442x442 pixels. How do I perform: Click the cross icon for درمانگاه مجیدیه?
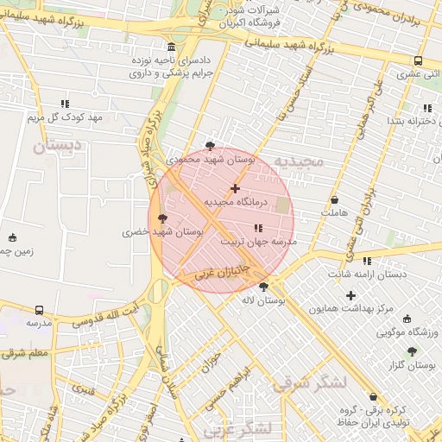(x=235, y=187)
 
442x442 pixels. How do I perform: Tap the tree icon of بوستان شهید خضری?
(x=163, y=218)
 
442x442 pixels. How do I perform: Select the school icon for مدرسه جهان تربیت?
(x=259, y=228)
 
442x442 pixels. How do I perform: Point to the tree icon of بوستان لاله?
(x=263, y=287)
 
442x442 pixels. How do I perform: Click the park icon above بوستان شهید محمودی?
(x=210, y=146)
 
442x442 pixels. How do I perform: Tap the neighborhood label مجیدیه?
(x=298, y=161)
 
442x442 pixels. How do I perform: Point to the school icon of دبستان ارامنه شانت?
(x=367, y=261)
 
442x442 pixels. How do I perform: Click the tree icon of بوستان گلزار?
(x=411, y=351)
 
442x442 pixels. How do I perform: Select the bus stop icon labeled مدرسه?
(x=39, y=310)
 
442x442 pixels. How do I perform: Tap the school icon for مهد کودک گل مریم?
(x=65, y=104)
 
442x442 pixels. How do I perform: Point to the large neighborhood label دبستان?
(x=56, y=146)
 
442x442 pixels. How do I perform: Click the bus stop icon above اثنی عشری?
(x=418, y=61)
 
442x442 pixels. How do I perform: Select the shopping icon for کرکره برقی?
(x=373, y=396)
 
